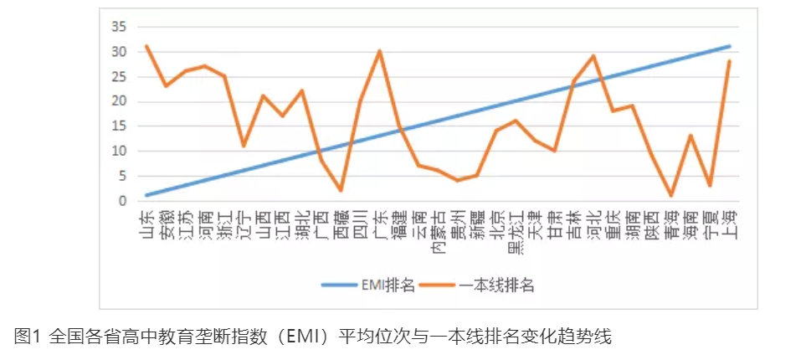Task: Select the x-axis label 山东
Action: point(147,224)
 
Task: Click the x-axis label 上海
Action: point(730,224)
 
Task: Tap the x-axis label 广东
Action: point(380,224)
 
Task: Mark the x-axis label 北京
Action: point(496,224)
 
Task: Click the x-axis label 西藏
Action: point(341,224)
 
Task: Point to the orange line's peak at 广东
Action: point(380,51)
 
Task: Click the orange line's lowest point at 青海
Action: point(671,196)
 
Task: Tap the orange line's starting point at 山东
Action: point(147,46)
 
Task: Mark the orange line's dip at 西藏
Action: point(341,191)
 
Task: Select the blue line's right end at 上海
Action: point(730,46)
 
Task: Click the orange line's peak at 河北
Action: point(593,56)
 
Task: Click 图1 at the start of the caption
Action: point(28,337)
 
